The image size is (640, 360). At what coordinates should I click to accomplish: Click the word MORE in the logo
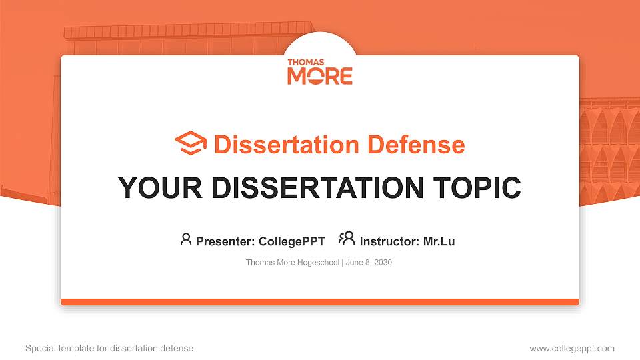(319, 76)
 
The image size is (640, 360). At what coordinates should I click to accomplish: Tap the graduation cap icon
(191, 143)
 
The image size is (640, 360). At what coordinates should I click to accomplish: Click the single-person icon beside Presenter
(186, 239)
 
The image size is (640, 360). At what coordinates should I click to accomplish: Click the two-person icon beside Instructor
(347, 239)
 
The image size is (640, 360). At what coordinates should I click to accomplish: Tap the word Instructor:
(389, 241)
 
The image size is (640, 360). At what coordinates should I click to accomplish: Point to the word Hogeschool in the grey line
(316, 263)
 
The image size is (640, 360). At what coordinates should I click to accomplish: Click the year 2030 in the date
(383, 263)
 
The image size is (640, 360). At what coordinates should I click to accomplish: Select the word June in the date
(354, 263)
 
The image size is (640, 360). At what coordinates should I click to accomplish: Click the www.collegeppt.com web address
(572, 348)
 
